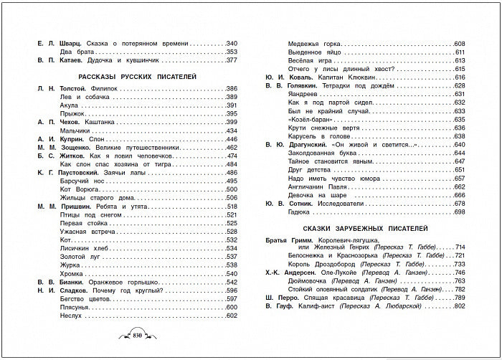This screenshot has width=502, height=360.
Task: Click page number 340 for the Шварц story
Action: pyautogui.click(x=232, y=44)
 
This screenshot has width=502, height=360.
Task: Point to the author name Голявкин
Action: pyautogui.click(x=305, y=85)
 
